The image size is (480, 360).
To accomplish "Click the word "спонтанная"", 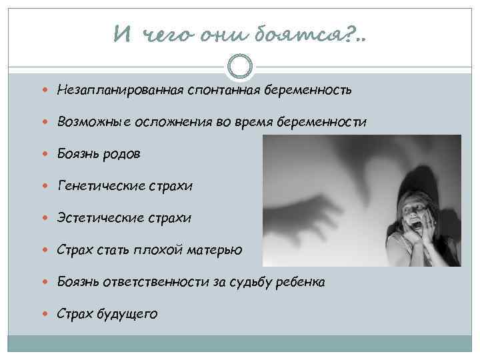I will point(213,89).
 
